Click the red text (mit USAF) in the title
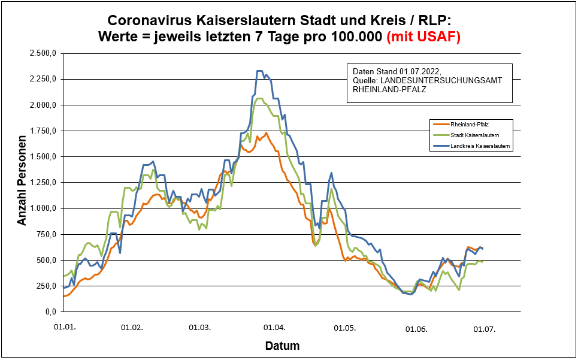(423, 37)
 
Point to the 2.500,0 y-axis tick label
(42, 53)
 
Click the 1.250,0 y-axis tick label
(42, 183)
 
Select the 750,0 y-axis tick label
(46, 234)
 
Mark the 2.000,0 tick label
(42, 105)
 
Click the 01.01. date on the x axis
(64, 328)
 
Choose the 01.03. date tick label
(199, 328)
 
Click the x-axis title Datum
(282, 346)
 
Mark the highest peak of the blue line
(260, 71)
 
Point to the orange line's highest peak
(266, 133)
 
